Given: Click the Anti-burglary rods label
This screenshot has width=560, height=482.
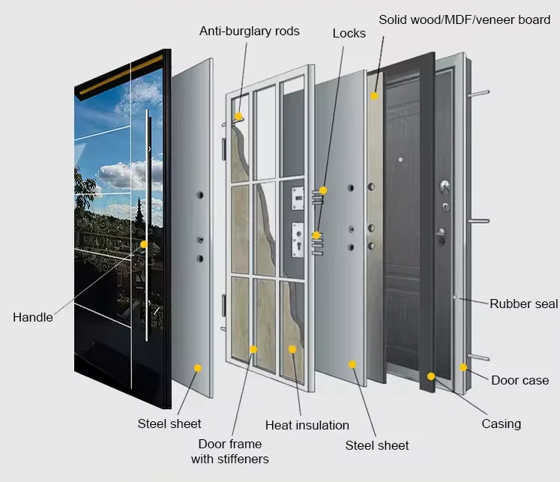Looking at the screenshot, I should [x=249, y=31].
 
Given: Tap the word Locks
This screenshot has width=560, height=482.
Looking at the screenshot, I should [x=349, y=33].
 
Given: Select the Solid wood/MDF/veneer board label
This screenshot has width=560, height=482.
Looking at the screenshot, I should [x=464, y=19].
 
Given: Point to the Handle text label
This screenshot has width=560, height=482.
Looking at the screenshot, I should [x=33, y=317].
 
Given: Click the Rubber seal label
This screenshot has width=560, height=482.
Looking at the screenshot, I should [x=523, y=304].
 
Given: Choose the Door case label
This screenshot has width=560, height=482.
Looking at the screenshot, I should [x=520, y=380].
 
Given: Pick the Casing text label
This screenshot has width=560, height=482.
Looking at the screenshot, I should [x=501, y=424].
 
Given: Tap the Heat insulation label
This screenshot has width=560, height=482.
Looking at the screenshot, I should [x=307, y=425].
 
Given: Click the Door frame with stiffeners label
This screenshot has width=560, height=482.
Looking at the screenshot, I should [x=229, y=451].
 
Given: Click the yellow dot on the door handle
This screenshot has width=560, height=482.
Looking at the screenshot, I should [x=144, y=244].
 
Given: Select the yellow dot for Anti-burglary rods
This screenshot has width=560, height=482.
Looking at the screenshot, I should [x=238, y=116].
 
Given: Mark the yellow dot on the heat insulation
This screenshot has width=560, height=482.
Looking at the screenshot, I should [x=292, y=349].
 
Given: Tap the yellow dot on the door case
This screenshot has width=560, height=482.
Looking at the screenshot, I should [x=463, y=367].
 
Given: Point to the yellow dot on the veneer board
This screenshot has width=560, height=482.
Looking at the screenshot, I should [x=374, y=97].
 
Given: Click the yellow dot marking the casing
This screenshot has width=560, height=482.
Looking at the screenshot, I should [x=431, y=376].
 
